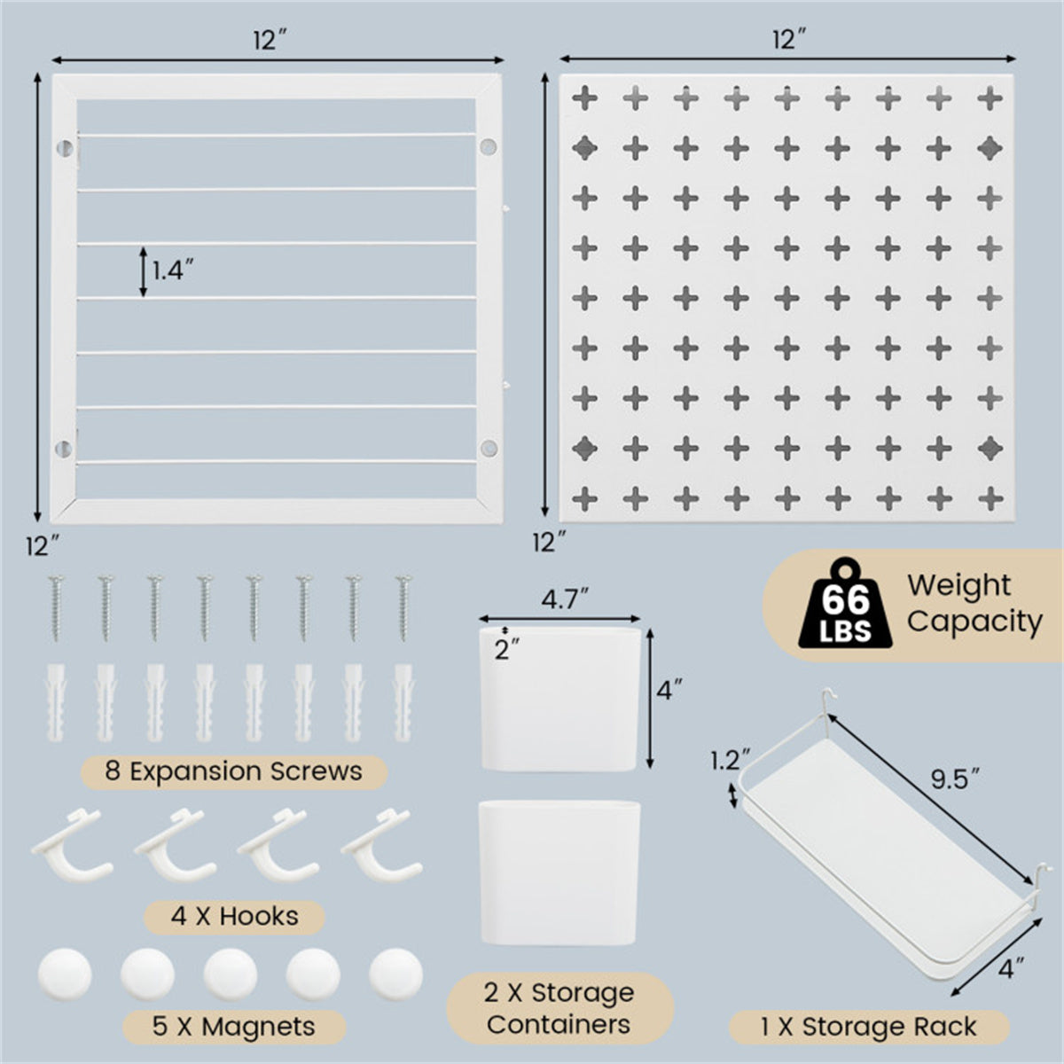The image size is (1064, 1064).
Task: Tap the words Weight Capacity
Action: coord(974,603)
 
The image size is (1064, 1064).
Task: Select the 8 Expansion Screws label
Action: coord(233,771)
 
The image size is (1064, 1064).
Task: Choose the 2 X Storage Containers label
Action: coord(559,1008)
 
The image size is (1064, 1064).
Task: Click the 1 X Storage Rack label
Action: coord(868,1027)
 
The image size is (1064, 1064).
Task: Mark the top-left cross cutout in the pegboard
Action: coord(585,97)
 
